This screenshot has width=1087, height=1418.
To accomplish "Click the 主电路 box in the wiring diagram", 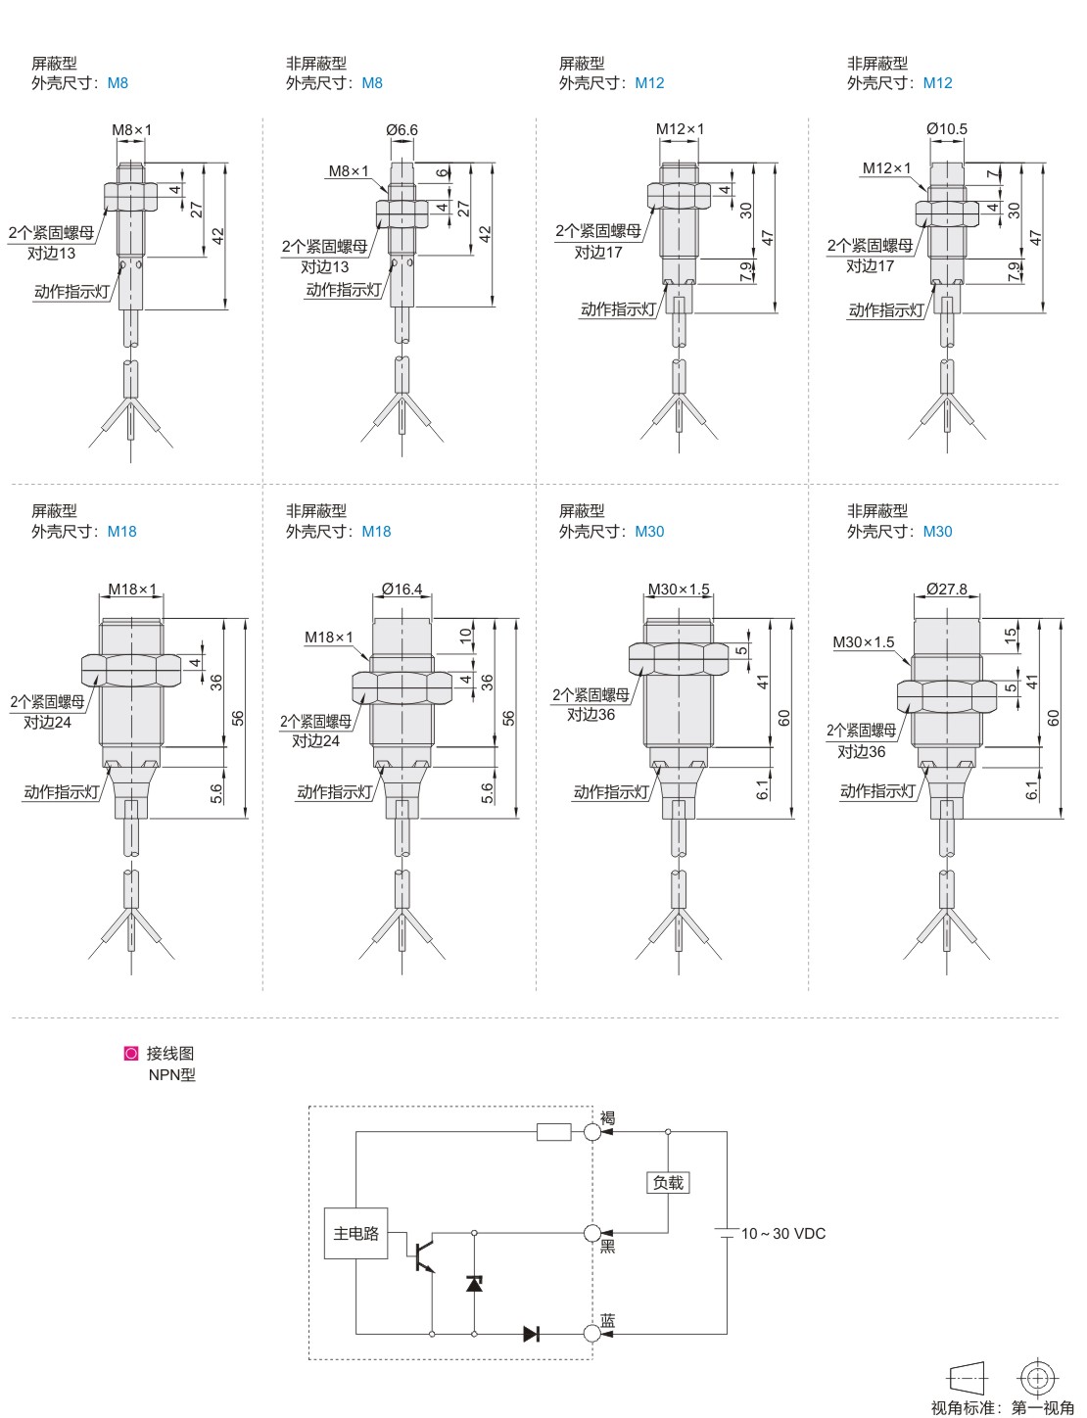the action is coord(355,1233).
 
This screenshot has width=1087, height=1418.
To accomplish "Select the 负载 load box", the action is coord(668,1182).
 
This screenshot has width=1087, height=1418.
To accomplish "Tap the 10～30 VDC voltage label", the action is coord(783,1233).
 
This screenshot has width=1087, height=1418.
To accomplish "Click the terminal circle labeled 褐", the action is coord(591,1131).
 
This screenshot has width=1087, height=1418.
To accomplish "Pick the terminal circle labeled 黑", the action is coord(591,1233).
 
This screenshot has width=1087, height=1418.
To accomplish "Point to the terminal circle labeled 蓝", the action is coord(591,1333).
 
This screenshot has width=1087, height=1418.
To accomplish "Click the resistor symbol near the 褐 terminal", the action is coord(553,1131).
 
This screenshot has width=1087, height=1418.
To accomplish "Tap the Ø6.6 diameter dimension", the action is coord(402,130).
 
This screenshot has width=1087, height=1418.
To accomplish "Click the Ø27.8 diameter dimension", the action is coord(946,589).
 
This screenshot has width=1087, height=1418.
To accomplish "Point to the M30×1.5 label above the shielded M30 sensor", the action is coord(678,590).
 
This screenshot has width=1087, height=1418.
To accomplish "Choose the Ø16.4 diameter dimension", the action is coord(402,589).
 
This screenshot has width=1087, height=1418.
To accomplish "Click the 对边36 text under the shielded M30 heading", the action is coord(591,714).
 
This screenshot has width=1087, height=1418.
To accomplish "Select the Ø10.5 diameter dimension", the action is coord(947,129).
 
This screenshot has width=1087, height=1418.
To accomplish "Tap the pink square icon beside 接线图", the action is coord(131,1053).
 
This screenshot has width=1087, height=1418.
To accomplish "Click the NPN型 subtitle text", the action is coord(171,1074).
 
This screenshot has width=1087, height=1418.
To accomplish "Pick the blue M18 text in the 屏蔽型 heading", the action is coord(122,531).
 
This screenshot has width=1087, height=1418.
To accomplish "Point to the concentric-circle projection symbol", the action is coord(1037,1378).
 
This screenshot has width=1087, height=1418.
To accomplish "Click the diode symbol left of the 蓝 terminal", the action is coord(531,1333).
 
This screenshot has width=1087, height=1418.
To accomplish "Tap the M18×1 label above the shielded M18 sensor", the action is coord(132,590).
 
